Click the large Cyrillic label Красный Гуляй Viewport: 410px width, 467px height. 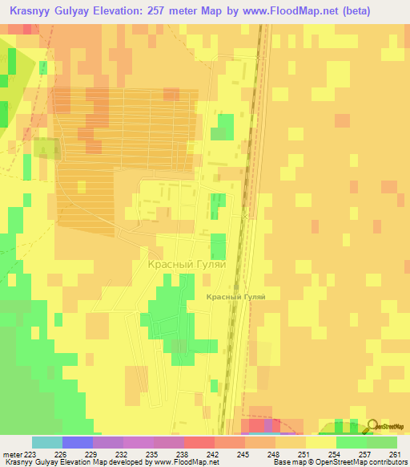tap(187, 264)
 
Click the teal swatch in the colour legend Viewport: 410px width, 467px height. tap(47, 442)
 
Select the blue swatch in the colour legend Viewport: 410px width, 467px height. tap(78, 442)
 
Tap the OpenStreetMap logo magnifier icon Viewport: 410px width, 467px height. tap(372, 424)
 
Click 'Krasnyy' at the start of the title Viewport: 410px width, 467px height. tap(31, 11)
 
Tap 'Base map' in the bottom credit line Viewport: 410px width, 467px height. tap(288, 462)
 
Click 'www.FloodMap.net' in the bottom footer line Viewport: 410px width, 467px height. tap(181, 462)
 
